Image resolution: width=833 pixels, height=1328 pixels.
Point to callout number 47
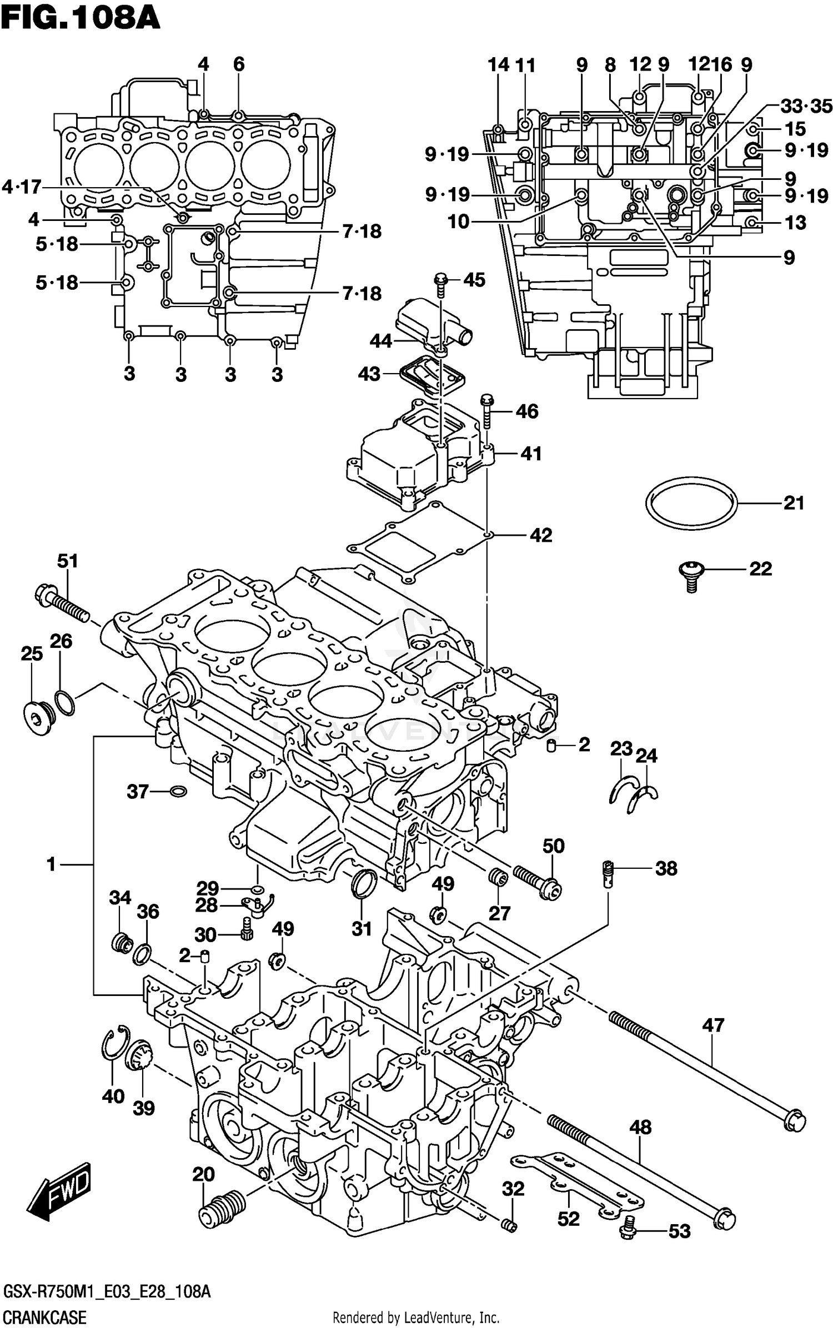(x=713, y=1024)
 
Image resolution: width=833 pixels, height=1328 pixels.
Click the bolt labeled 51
(x=61, y=606)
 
